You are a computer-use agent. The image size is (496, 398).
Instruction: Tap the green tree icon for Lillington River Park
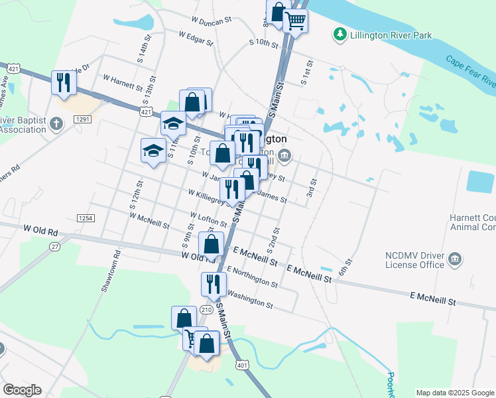pos(340,33)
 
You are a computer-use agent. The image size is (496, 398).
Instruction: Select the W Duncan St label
pos(211,20)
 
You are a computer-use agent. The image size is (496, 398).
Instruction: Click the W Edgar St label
pos(196,38)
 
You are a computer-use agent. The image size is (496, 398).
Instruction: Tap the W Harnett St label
pos(123,82)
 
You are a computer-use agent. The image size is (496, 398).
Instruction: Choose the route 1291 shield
pos(82,119)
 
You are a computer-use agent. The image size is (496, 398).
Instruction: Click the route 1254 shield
pos(85,218)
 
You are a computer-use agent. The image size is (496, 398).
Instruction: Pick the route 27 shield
pos(55,247)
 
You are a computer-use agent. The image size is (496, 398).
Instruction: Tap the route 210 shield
pos(207,309)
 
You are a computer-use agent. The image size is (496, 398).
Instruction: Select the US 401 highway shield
pos(243,365)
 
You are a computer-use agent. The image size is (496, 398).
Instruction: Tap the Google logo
pos(23,390)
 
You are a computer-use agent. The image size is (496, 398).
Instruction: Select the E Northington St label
pos(252,277)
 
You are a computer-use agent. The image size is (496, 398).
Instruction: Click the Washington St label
pos(250,300)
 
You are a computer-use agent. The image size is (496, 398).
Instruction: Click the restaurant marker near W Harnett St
pos(64,82)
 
